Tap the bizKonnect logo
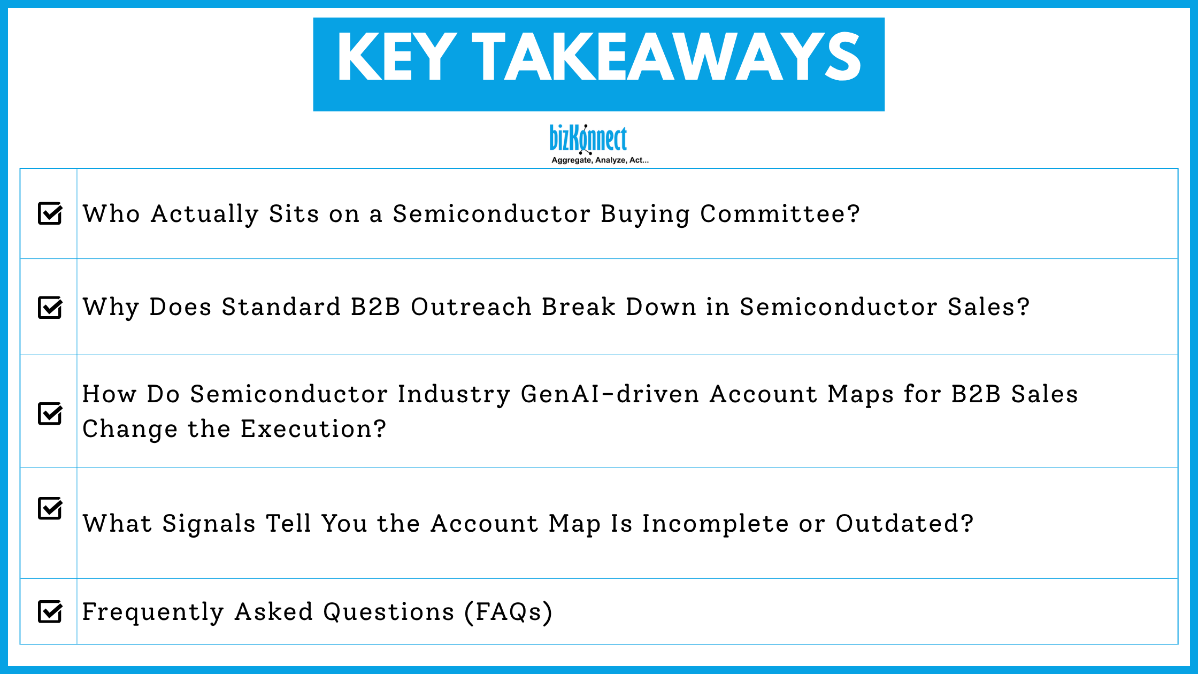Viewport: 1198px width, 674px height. coord(588,139)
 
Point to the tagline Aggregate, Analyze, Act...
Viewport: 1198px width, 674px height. coord(600,160)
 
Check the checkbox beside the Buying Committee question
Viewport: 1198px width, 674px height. coord(50,213)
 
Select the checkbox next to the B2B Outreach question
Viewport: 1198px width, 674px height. coord(50,308)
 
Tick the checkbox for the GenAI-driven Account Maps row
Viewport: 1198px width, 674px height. coord(50,413)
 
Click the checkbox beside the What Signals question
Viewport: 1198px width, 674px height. coord(50,508)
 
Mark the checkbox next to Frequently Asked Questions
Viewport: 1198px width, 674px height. coord(50,611)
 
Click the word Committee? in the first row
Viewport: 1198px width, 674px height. coord(780,214)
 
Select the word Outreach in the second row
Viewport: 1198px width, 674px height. coord(471,307)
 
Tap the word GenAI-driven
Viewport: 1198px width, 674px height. coord(610,394)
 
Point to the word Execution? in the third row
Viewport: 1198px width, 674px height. coord(313,429)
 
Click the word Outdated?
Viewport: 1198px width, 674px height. coord(904,523)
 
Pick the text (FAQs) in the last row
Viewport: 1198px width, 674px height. coord(508,611)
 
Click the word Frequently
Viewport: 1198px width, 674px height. coord(153,611)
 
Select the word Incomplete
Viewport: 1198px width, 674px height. coord(716,523)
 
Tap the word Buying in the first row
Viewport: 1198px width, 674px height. coord(645,214)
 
